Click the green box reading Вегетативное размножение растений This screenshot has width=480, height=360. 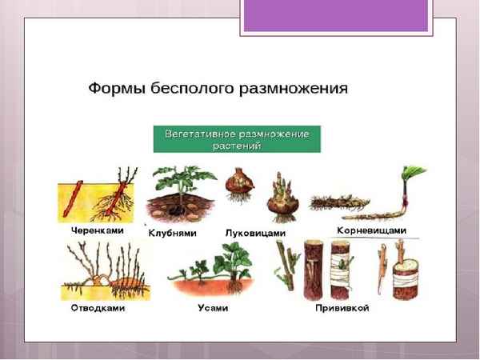pos(237,138)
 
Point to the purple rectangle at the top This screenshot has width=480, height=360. pos(336,16)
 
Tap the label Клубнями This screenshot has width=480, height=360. pos(173,233)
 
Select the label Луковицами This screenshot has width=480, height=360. pos(256,233)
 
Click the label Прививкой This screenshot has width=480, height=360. pos(342,306)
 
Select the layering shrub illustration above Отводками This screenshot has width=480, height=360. pos(100,272)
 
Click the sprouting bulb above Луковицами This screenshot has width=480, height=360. pos(281,198)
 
